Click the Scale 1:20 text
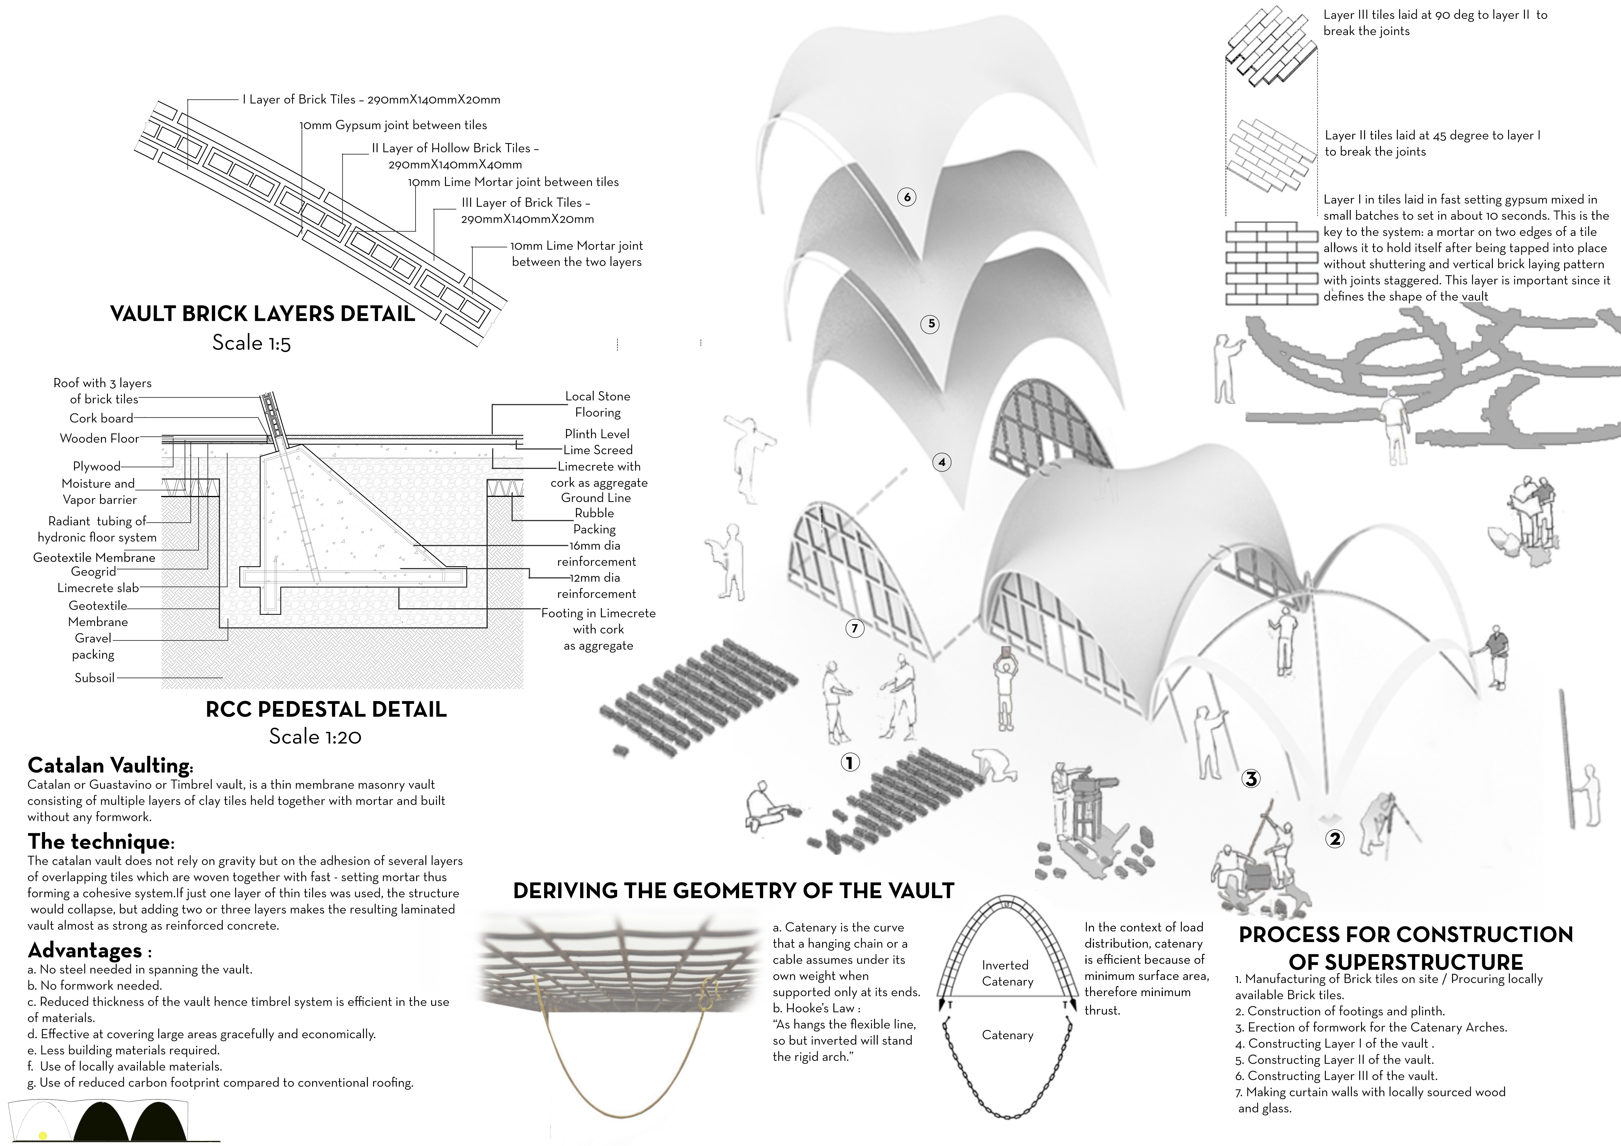(x=315, y=736)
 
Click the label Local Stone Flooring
(x=597, y=404)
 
